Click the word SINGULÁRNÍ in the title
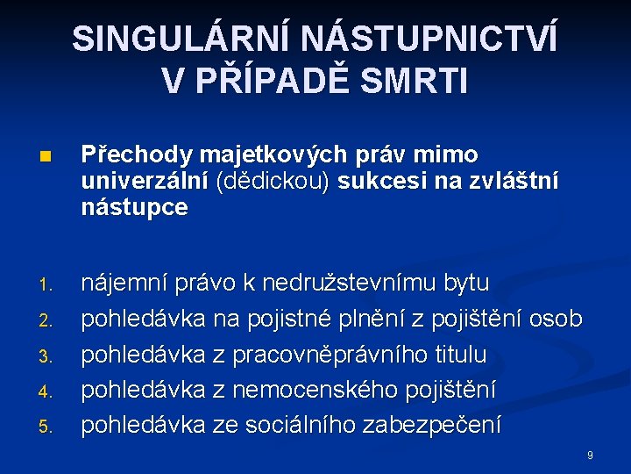[180, 39]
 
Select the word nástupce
[134, 208]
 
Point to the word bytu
[467, 284]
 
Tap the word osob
[557, 319]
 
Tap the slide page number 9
[590, 456]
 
